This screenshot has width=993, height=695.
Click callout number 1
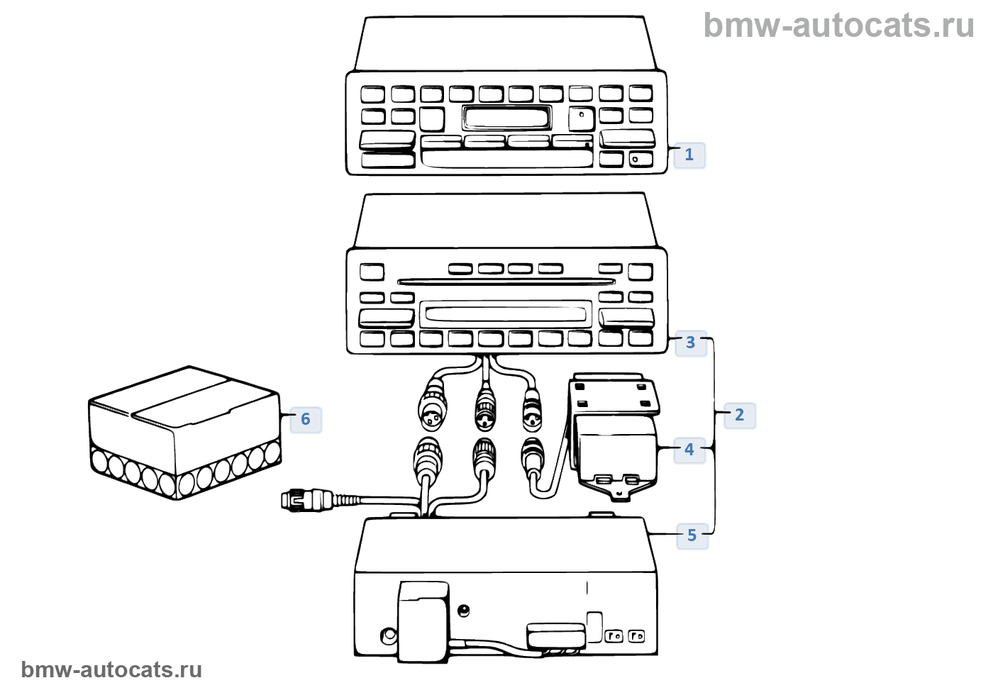coord(689,155)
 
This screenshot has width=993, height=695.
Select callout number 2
coord(739,415)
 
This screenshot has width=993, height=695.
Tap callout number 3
coord(690,343)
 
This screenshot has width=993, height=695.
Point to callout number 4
coord(689,449)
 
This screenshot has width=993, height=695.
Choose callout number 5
coord(692,535)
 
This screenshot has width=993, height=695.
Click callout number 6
coord(306,419)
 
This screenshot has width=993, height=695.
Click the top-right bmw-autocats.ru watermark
coord(838,26)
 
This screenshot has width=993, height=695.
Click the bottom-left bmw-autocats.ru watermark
coord(111,669)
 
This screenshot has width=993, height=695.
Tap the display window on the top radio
coord(506,117)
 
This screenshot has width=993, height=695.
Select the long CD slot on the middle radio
coord(505,282)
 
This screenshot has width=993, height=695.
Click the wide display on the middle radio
coord(505,313)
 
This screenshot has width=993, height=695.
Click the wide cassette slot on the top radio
coord(506,157)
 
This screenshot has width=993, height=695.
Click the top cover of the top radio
coord(505,44)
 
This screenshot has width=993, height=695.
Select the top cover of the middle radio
coord(505,221)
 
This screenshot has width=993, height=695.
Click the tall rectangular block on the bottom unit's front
coord(423,621)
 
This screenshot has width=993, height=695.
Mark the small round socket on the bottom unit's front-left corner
coord(388,635)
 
